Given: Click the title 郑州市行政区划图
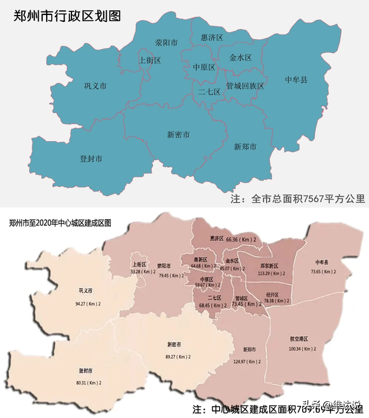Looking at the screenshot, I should [x=67, y=16].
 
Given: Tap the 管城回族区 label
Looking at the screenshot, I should [x=244, y=86].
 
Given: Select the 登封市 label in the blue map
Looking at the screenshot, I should [x=91, y=158].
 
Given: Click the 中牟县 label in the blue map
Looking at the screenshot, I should [x=296, y=79].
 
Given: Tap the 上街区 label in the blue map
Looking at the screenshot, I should [x=150, y=60].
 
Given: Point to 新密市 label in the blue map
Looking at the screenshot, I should [x=179, y=134].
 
